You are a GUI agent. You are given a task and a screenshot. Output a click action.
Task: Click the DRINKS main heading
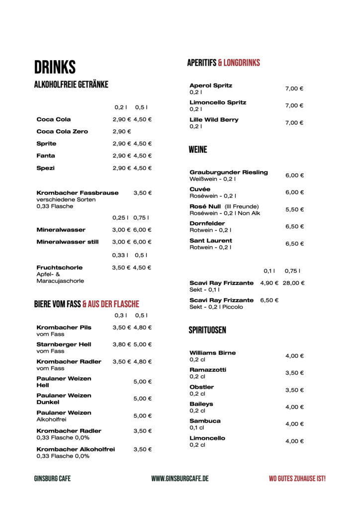55,67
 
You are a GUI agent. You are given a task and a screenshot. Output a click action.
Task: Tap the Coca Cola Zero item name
62,131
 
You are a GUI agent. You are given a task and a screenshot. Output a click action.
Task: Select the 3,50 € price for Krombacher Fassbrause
143,193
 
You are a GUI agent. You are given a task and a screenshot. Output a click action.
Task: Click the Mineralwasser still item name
68,242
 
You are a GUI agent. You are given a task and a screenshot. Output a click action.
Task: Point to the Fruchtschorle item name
60,267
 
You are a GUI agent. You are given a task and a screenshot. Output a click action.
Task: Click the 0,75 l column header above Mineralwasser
141,218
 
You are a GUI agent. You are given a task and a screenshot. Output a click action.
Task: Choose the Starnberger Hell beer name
64,344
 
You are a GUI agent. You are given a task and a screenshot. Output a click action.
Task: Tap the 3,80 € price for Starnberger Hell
121,344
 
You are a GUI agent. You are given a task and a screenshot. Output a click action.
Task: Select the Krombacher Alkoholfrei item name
76,449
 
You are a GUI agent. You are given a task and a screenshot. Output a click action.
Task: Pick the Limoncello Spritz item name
218,102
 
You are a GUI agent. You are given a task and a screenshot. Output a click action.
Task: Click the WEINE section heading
198,150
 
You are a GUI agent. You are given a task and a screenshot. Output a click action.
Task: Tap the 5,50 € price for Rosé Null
294,210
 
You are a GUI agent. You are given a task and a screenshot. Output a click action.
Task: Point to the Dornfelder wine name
207,223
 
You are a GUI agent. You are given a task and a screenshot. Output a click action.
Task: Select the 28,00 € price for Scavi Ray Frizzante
293,283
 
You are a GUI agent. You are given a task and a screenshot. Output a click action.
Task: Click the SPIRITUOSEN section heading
207,330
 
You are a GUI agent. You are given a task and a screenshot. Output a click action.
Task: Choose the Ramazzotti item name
208,370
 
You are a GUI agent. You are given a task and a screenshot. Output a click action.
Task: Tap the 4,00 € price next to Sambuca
294,424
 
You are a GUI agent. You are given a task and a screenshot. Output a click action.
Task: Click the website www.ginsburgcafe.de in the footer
180,478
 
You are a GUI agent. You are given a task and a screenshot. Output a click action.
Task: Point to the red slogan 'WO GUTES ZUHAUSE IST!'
297,478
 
